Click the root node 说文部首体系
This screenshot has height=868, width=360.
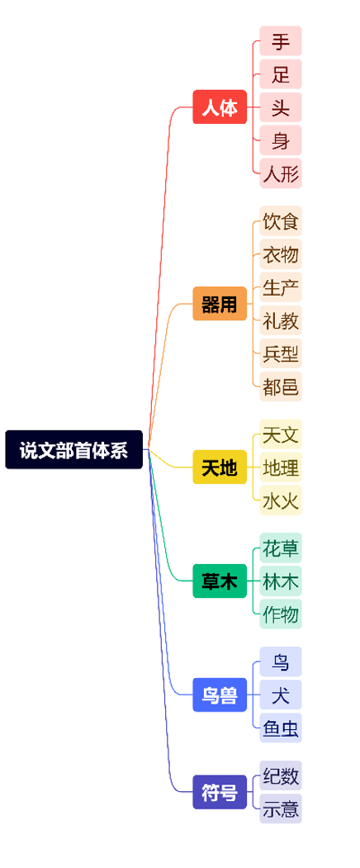(74, 449)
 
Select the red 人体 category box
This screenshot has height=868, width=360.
(220, 107)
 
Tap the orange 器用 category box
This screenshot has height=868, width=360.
(220, 303)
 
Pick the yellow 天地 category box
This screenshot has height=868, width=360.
(220, 467)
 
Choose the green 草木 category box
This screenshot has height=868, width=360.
(220, 581)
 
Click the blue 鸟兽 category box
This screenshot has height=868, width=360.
(220, 695)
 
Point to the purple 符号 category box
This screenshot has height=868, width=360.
(220, 792)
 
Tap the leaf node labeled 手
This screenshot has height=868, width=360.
(281, 41)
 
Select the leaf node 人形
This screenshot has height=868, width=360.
(281, 173)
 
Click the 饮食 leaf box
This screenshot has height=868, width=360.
(281, 221)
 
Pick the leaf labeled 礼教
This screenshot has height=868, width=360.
(281, 320)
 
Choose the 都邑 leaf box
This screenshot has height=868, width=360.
(281, 387)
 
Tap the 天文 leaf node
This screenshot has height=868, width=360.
(281, 434)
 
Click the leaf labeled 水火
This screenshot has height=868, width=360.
(281, 500)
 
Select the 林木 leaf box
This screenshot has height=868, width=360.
(281, 581)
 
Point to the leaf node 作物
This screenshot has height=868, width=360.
(281, 614)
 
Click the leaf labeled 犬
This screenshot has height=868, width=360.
(281, 695)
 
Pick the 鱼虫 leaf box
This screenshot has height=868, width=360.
(281, 728)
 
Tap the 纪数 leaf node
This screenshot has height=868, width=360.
(281, 776)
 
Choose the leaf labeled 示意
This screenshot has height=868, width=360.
(281, 809)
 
